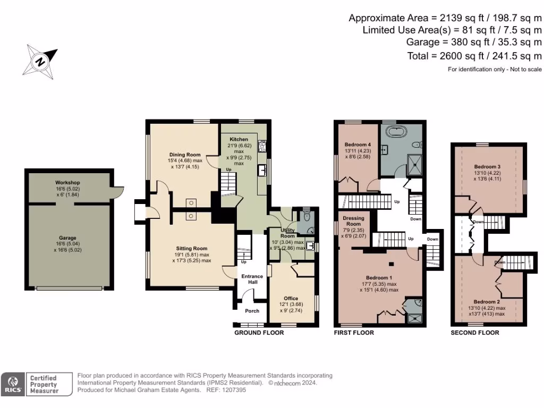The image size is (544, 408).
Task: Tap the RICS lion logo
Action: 13,384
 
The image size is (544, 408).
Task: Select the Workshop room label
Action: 67,183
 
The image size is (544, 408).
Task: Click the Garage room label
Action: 67,238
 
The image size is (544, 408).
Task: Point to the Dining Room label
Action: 185,155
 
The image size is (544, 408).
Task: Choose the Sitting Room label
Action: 191,249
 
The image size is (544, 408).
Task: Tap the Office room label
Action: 291,299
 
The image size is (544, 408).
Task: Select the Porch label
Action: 252,311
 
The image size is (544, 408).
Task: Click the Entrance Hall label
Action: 252,279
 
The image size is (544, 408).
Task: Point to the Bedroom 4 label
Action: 358,144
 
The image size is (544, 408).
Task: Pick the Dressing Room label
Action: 353,221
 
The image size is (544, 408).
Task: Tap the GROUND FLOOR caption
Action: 259,333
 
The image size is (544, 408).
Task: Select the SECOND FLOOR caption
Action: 475,333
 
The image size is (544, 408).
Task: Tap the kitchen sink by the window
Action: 262,171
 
